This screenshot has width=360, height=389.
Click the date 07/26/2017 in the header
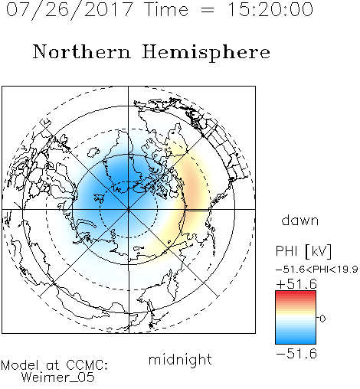coord(69,10)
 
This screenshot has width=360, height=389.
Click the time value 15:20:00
coord(270,9)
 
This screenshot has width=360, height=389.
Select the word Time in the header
coord(166,9)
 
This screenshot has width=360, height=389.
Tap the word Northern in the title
coord(82,51)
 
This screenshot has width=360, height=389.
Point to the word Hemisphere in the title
coord(206,53)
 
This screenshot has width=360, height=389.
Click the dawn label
coord(300,220)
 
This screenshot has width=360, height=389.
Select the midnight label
coord(180,359)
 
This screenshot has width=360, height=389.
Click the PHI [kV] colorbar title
coord(303,251)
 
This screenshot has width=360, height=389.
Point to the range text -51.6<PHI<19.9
coord(316,270)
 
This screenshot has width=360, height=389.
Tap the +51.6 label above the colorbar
coord(296,284)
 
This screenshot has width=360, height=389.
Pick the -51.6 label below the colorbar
coord(296,354)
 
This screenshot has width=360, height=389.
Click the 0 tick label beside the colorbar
coord(322,319)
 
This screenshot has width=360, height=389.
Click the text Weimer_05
coord(58,378)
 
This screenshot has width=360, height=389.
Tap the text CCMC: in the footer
coord(87,365)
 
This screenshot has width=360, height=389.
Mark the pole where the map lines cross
coord(129,209)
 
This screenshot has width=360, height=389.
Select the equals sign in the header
coord(208,10)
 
